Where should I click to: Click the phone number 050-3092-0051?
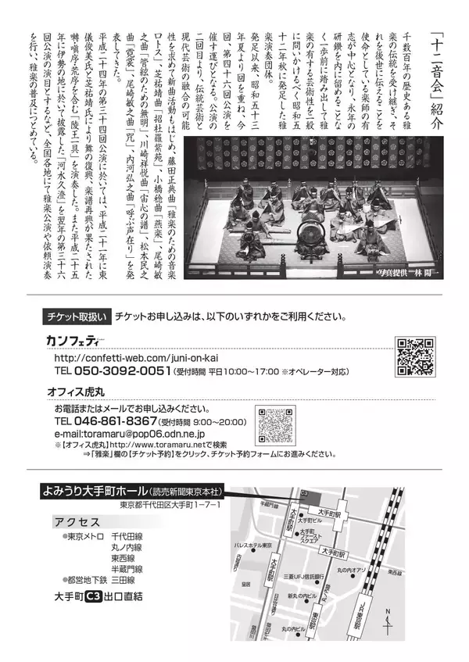click(x=112, y=370)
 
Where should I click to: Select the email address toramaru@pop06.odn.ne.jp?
click(x=129, y=433)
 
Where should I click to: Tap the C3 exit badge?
click(x=94, y=596)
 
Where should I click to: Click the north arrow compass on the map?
click(x=388, y=622)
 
